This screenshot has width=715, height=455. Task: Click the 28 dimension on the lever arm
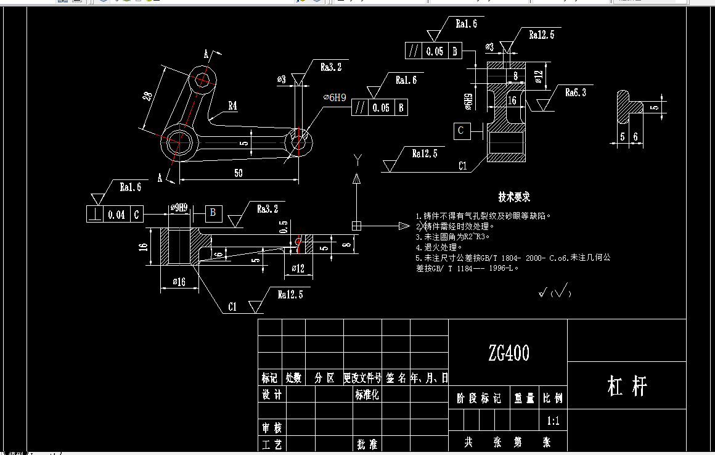click(x=147, y=97)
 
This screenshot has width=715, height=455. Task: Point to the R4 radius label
click(x=232, y=106)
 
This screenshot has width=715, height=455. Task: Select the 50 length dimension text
click(x=238, y=173)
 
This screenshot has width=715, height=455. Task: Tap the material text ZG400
click(x=509, y=353)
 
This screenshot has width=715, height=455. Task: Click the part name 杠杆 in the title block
click(x=627, y=387)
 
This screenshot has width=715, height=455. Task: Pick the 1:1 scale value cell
click(x=553, y=422)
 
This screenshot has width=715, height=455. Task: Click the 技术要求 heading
click(x=514, y=197)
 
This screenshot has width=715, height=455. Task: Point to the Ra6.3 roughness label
click(x=576, y=92)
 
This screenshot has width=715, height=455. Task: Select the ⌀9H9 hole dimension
click(x=178, y=208)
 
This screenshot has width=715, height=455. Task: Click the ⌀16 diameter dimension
click(x=178, y=282)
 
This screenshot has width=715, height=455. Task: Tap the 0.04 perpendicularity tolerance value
click(x=116, y=215)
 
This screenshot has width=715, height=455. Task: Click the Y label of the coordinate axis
click(x=357, y=160)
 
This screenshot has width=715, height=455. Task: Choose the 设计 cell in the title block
click(x=272, y=395)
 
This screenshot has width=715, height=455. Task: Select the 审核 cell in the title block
click(x=272, y=427)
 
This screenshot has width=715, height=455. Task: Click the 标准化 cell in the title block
click(x=367, y=395)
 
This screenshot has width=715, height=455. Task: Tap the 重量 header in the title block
click(x=524, y=399)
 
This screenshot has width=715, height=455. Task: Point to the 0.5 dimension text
click(x=284, y=226)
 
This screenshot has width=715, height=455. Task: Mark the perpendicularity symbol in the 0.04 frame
click(x=96, y=215)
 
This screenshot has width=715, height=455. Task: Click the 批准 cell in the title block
click(x=367, y=444)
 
